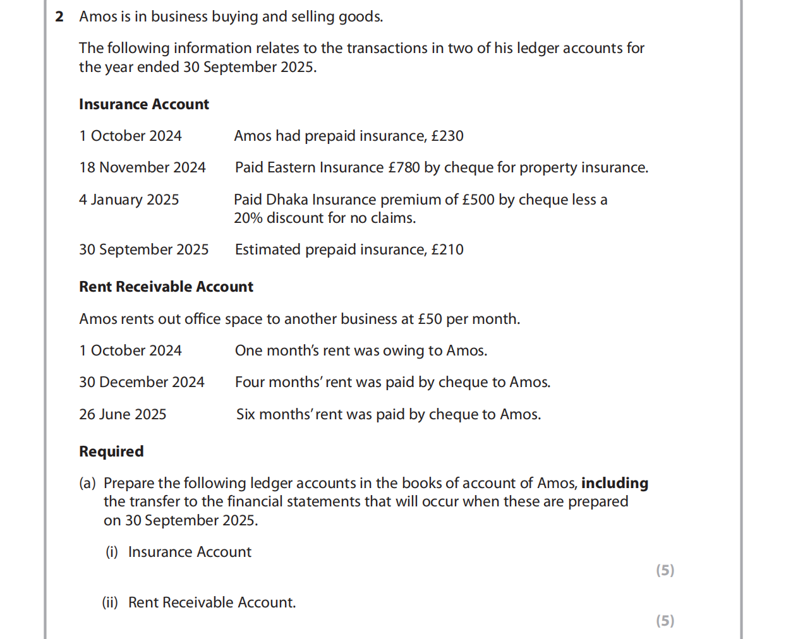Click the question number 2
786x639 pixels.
[x=59, y=17]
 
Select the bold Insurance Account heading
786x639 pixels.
[x=143, y=105]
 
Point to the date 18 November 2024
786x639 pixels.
[x=142, y=168]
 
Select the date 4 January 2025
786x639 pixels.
[x=129, y=200]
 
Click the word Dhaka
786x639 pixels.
[x=287, y=200]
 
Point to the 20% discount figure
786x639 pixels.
[x=248, y=218]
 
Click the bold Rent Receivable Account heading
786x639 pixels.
[x=166, y=287]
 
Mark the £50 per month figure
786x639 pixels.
[x=430, y=319]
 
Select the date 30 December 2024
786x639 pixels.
[x=142, y=383]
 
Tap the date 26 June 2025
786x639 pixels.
[x=123, y=415]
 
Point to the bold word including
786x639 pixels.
[x=614, y=484]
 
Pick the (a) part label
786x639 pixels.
[x=87, y=484]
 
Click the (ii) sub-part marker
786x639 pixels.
[x=110, y=603]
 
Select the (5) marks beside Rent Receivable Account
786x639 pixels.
[x=665, y=621]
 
